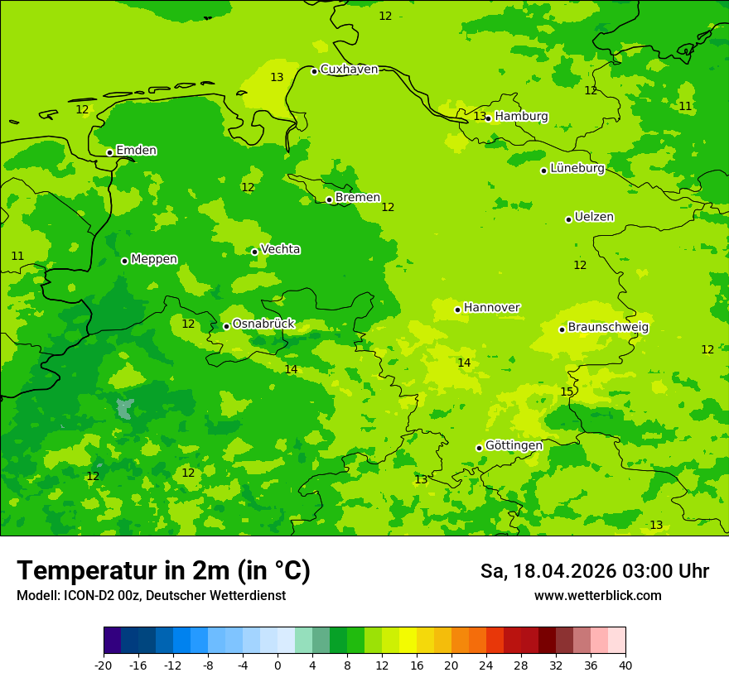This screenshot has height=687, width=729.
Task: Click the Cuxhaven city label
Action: [349, 70]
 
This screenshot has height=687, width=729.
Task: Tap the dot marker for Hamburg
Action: [489, 118]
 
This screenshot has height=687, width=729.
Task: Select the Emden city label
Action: [136, 151]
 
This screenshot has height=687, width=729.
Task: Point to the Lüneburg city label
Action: [577, 169]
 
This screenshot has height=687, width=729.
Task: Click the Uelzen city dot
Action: [569, 219]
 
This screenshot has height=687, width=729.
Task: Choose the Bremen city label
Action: [358, 198]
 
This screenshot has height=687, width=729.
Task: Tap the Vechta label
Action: [280, 249]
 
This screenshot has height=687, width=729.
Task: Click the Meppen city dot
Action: [125, 261]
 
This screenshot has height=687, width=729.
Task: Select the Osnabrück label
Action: [263, 324]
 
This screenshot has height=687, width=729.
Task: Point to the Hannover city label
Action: [491, 308]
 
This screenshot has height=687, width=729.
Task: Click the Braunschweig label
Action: [608, 328]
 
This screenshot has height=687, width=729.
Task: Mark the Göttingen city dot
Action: [479, 448]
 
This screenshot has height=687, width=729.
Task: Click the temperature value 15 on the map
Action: [567, 392]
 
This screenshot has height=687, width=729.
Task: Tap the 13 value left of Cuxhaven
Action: [277, 78]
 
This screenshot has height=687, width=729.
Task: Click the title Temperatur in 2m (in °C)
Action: [163, 570]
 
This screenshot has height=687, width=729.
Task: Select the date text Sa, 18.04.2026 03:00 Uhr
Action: [594, 571]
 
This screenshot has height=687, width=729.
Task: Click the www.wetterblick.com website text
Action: [597, 596]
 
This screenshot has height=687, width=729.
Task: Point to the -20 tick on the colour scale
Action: [104, 665]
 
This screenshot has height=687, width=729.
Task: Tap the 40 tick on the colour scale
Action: [625, 665]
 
